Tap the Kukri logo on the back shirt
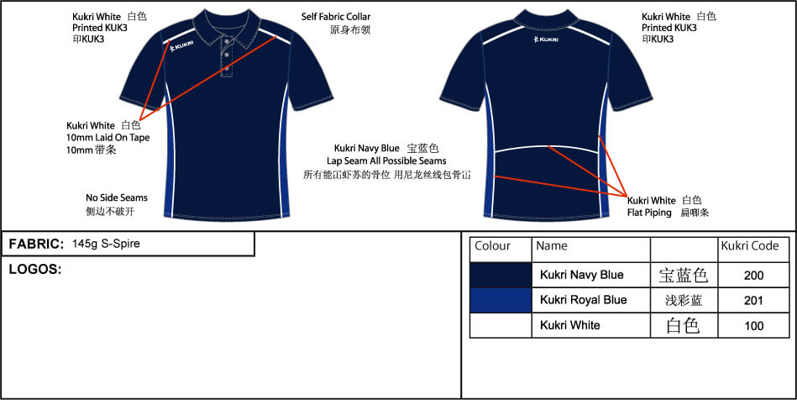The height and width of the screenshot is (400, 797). coord(545,39)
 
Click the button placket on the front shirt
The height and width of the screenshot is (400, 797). coord(227,59)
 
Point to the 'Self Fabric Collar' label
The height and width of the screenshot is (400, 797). coord(335,17)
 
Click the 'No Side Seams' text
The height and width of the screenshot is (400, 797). coord(117,197)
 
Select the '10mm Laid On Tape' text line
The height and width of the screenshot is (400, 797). coord(107,138)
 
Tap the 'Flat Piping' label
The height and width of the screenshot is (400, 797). coord(649,213)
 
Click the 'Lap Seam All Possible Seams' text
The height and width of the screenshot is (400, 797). coord(386,161)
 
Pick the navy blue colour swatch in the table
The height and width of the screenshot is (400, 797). coord(501,275)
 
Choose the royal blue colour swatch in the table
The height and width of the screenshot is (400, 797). coord(501,300)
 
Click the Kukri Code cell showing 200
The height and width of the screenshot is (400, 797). coord(753,276)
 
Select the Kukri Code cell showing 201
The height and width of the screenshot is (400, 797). coord(753,300)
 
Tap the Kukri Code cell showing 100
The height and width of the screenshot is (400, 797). coord(753,325)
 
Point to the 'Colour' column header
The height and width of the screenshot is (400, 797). coord(492,246)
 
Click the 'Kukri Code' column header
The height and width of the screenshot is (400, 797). coord(750,246)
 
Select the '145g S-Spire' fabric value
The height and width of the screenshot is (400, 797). coord(106,244)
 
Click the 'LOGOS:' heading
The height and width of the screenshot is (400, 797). coord(35,270)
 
